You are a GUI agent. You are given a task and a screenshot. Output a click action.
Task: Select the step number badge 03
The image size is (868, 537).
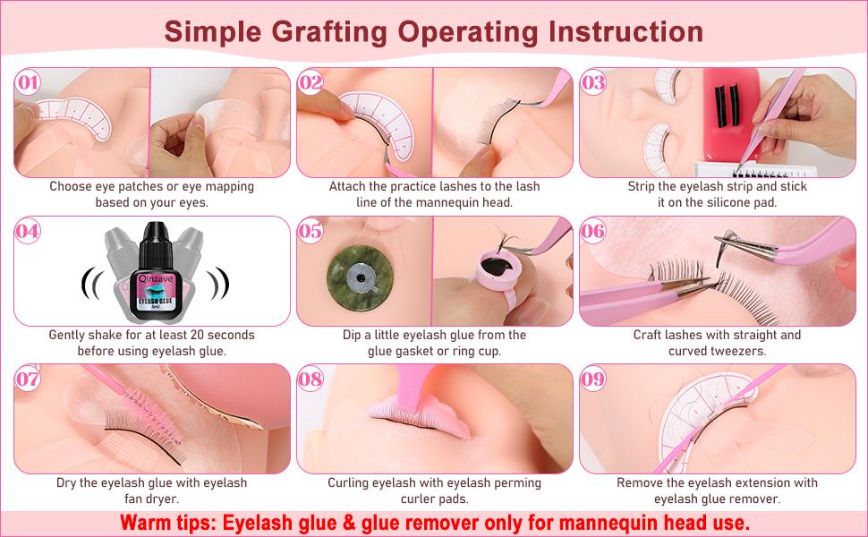[594, 83]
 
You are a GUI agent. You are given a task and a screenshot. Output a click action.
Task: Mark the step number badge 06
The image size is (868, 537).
[594, 231]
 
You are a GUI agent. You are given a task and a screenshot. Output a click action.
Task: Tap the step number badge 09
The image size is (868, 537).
[594, 379]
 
